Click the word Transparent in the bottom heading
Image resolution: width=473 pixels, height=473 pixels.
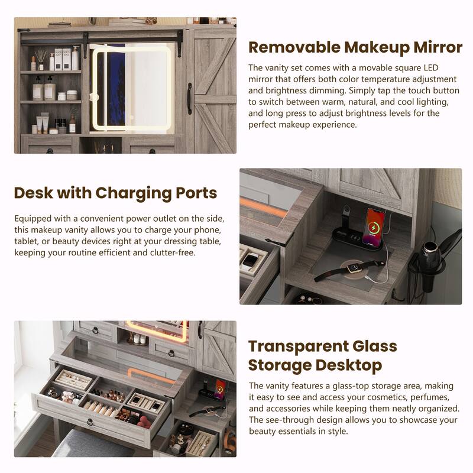pyautogui.click(x=298, y=346)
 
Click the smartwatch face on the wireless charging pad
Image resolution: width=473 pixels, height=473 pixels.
pyautogui.click(x=354, y=267)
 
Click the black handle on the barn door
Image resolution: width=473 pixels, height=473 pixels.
pyautogui.click(x=189, y=99)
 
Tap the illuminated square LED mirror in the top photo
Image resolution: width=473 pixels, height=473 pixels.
pyautogui.click(x=132, y=88)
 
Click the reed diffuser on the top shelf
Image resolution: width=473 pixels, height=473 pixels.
pyautogui.click(x=40, y=60)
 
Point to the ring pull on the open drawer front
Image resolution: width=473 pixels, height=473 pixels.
pyautogui.click(x=90, y=422)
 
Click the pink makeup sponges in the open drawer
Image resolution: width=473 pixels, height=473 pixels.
pyautogui.click(x=144, y=422)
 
